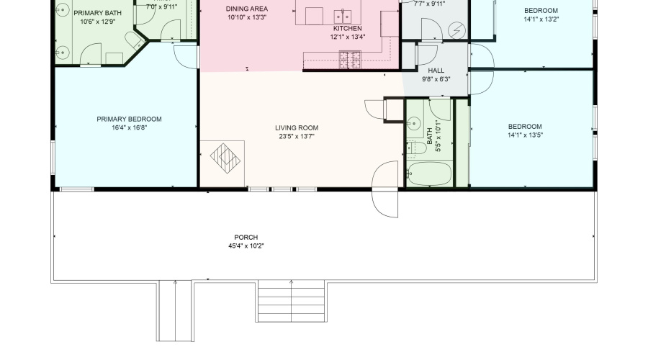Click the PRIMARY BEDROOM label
(129, 120)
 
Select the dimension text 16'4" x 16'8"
(129, 127)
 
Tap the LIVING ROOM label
(296, 128)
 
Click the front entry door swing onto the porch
(386, 189)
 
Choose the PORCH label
(246, 238)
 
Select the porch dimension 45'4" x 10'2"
(246, 246)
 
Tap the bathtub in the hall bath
(429, 174)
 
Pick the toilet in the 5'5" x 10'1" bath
(413, 148)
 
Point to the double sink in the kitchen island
(343, 15)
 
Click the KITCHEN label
(347, 28)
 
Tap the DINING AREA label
(247, 9)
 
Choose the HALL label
(436, 71)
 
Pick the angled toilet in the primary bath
(132, 40)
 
